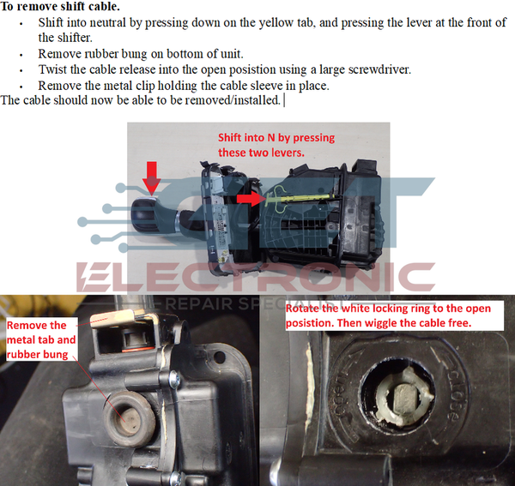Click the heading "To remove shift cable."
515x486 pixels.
click(x=60, y=7)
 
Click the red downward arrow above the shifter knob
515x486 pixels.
click(x=151, y=177)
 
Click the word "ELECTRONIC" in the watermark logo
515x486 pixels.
click(x=257, y=277)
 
